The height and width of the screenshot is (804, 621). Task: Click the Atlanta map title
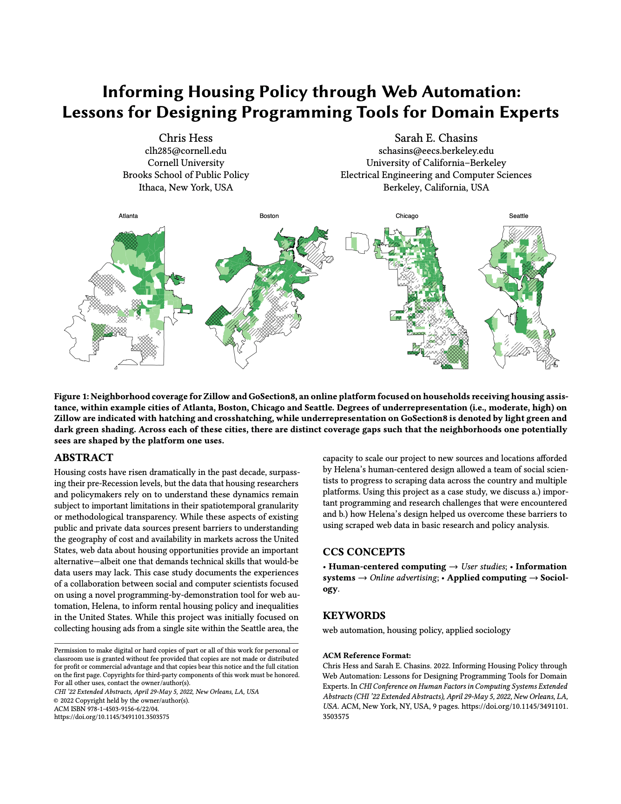point(128,216)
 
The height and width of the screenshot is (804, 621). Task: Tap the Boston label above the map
point(269,216)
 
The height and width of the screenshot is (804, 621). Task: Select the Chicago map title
point(407,216)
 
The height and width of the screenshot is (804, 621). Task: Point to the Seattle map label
point(518,216)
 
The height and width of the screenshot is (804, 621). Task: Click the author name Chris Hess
point(185,138)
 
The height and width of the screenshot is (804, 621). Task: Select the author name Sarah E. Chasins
point(436,138)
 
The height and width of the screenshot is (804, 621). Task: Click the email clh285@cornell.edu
point(185,151)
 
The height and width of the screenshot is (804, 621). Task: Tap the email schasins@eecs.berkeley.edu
point(436,151)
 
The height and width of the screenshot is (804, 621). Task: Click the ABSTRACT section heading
point(84,458)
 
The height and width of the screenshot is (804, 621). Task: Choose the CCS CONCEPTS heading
point(364,552)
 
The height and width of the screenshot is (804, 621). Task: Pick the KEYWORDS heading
point(354,615)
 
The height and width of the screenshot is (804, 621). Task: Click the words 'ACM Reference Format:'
point(367,655)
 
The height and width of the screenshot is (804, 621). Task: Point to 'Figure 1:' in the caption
point(71,396)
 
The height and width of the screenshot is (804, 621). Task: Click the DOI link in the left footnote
point(112,717)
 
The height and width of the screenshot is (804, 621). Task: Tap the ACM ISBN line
point(106,709)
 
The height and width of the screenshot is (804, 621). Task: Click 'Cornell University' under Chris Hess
point(185,163)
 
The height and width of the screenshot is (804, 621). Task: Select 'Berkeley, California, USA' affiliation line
point(436,187)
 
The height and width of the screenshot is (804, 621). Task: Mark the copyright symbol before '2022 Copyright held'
point(56,700)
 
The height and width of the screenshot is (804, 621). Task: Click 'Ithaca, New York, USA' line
point(185,187)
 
